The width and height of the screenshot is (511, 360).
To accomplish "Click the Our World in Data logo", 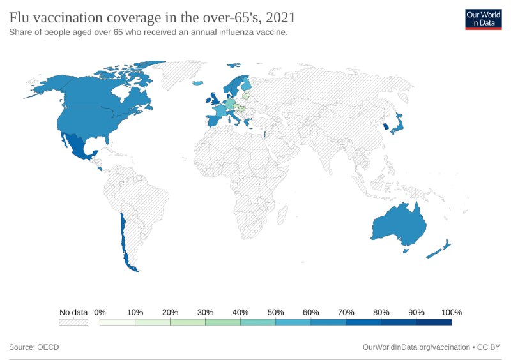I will click(x=484, y=19).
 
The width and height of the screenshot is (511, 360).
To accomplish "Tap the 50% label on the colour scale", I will click(x=275, y=312).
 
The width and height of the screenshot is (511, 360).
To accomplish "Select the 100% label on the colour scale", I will click(x=451, y=312).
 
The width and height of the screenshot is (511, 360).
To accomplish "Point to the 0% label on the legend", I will click(x=100, y=312).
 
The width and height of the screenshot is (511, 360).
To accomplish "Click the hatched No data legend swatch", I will click(x=73, y=322).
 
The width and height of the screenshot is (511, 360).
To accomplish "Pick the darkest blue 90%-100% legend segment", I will click(x=434, y=322).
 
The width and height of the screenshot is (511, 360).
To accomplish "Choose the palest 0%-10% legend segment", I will click(x=118, y=322).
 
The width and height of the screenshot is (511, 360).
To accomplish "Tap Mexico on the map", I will click(x=80, y=146).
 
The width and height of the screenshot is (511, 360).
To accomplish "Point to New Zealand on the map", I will click(x=439, y=250).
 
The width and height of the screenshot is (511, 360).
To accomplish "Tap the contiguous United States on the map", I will click(x=96, y=118).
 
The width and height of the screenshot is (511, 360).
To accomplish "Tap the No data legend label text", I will click(x=73, y=312).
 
